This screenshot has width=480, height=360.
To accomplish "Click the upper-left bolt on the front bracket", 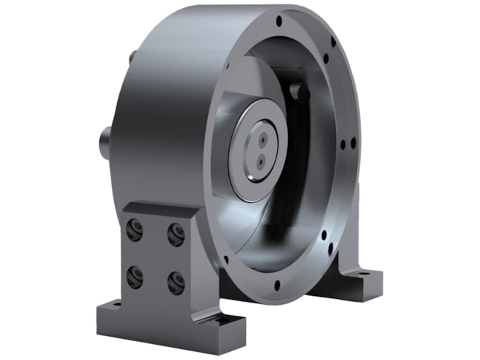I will click(134, 230).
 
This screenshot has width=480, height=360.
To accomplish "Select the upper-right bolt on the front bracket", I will click(175, 233).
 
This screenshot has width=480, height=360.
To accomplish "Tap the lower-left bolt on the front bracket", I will click(135, 274).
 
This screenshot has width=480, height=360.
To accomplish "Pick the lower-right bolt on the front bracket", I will click(175, 281).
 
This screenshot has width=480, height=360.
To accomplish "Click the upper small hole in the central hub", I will click(260, 136).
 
